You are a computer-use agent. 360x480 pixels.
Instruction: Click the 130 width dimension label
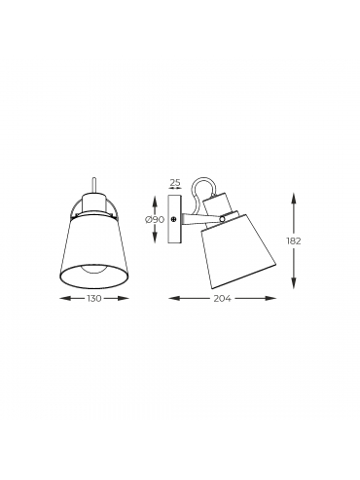pos(94,298)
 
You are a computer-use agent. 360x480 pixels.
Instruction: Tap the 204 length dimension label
pos(222,298)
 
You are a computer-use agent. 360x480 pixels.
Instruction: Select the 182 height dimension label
pos(294,241)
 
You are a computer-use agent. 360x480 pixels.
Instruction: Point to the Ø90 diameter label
pos(155,220)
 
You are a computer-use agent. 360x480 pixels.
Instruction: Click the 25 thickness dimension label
pos(175,182)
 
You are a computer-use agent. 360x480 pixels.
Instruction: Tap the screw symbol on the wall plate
pos(174,220)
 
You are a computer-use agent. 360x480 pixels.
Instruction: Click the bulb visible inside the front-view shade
pos(93,261)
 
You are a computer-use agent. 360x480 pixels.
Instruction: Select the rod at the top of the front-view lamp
pos(93,186)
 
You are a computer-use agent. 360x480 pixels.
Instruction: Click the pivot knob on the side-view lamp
pos(222,219)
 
